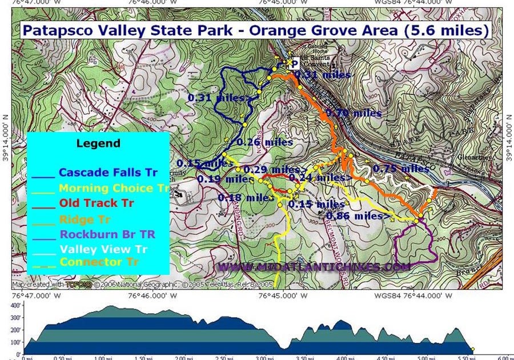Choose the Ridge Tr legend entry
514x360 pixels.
click(x=84, y=219)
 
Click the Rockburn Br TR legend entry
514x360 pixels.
click(x=107, y=234)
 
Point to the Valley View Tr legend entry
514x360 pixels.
click(x=103, y=249)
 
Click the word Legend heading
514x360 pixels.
click(x=98, y=143)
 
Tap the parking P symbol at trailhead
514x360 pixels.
click(x=295, y=64)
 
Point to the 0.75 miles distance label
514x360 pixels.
click(x=400, y=169)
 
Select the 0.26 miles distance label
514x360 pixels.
click(x=264, y=142)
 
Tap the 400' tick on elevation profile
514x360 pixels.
click(x=15, y=305)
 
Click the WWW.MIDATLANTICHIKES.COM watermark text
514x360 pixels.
click(x=314, y=267)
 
